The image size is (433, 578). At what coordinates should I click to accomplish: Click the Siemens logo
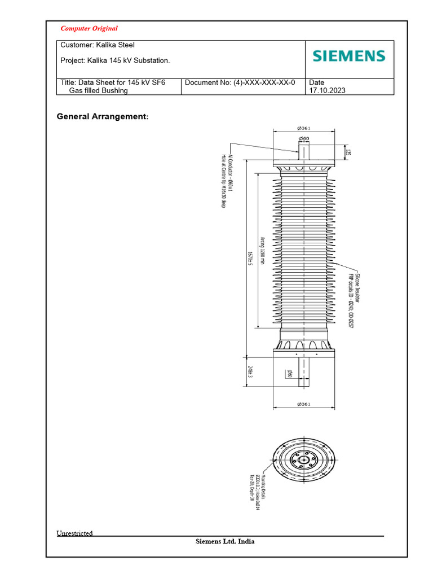point(349,56)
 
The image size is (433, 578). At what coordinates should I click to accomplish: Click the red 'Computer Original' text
point(89,28)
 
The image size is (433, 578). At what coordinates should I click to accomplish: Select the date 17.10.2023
point(326,90)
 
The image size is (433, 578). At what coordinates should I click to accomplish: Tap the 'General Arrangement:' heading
point(103,116)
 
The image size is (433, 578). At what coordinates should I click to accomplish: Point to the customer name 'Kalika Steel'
point(116,45)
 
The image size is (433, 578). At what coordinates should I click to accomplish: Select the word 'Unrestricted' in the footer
point(74,533)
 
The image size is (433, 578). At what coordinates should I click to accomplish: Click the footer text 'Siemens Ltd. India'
point(225,541)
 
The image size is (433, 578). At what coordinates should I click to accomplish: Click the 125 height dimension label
point(348,152)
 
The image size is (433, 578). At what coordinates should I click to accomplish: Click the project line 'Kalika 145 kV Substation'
point(114,60)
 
